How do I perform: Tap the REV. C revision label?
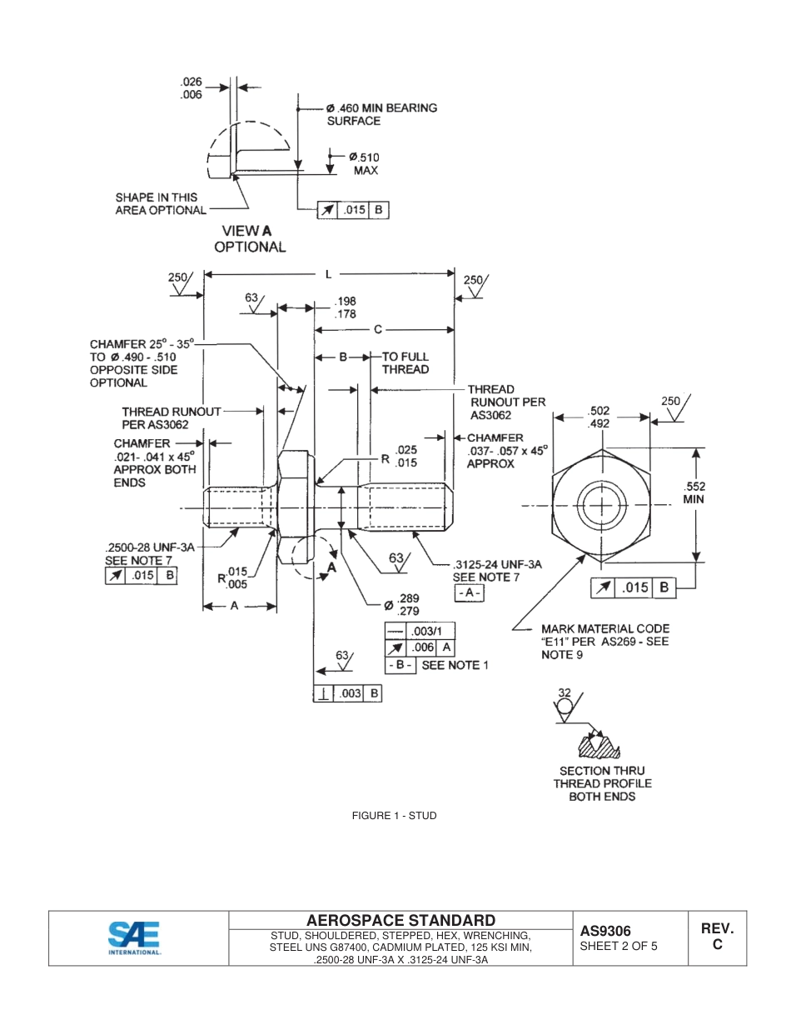pyautogui.click(x=716, y=937)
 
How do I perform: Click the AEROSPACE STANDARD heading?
pyautogui.click(x=400, y=920)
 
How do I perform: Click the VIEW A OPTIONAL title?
pyautogui.click(x=250, y=238)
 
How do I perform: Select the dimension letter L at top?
pyautogui.click(x=328, y=273)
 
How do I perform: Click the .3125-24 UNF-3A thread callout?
pyautogui.click(x=497, y=564)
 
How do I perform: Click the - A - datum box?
pyautogui.click(x=469, y=592)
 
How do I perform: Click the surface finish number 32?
pyautogui.click(x=565, y=692)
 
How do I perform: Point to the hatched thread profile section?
pyautogui.click(x=596, y=742)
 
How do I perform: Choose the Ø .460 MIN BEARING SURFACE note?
pyautogui.click(x=381, y=114)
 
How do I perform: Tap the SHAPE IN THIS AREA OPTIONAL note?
pyautogui.click(x=160, y=204)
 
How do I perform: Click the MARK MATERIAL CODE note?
pyautogui.click(x=604, y=642)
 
